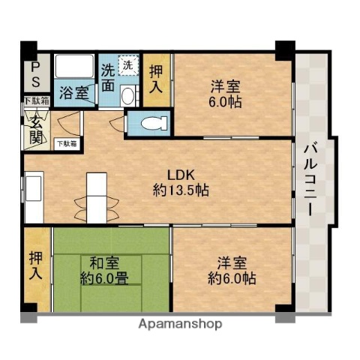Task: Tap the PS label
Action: coord(34,75)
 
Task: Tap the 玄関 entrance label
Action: coord(35,128)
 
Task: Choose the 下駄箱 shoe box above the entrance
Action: coord(35,100)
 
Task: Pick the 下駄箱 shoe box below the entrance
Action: coord(64,142)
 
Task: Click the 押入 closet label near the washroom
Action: coord(156,79)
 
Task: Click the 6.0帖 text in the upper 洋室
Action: coord(224,102)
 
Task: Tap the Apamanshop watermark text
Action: coord(180,325)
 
